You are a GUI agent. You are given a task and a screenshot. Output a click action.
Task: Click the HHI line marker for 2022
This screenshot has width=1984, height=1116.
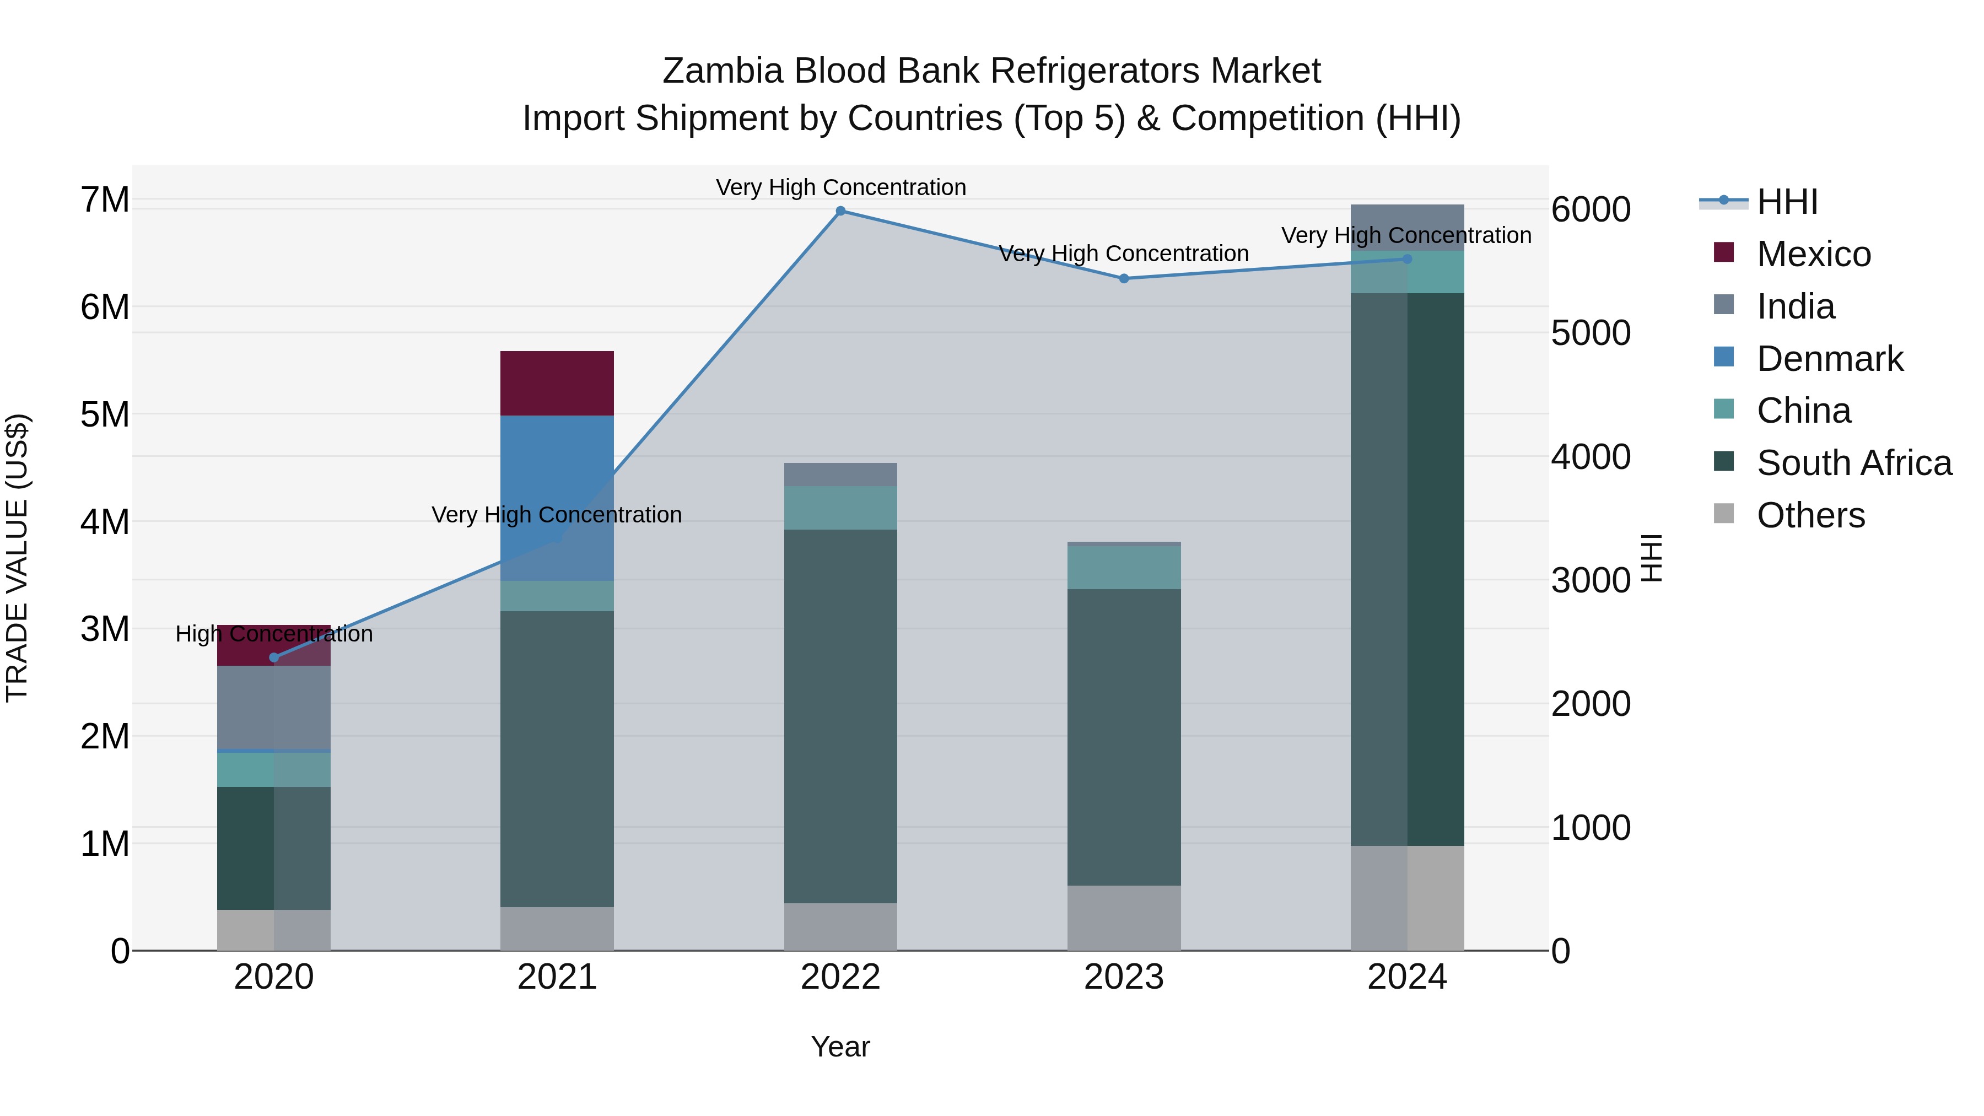pyautogui.click(x=840, y=211)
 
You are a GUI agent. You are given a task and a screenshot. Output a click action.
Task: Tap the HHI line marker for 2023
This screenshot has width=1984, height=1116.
pyautogui.click(x=1124, y=279)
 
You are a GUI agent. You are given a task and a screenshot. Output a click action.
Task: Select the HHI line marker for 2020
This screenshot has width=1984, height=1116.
pyautogui.click(x=274, y=657)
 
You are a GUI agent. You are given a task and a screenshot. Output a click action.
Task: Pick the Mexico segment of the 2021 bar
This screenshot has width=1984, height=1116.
pyautogui.click(x=557, y=384)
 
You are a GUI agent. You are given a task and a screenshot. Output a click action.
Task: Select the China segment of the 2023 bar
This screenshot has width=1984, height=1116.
pyautogui.click(x=1124, y=568)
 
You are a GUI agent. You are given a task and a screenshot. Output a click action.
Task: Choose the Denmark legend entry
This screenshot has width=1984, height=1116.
pyautogui.click(x=1829, y=359)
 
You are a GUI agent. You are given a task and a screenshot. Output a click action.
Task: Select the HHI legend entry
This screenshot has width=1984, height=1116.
pyautogui.click(x=1787, y=202)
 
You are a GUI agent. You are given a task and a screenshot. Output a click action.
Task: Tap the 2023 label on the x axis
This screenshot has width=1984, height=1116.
pyautogui.click(x=1124, y=977)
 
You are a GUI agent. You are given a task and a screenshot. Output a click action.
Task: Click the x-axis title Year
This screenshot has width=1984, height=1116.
pyautogui.click(x=840, y=1047)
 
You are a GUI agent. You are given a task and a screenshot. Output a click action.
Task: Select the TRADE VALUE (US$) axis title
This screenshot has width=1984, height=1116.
pyautogui.click(x=17, y=558)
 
